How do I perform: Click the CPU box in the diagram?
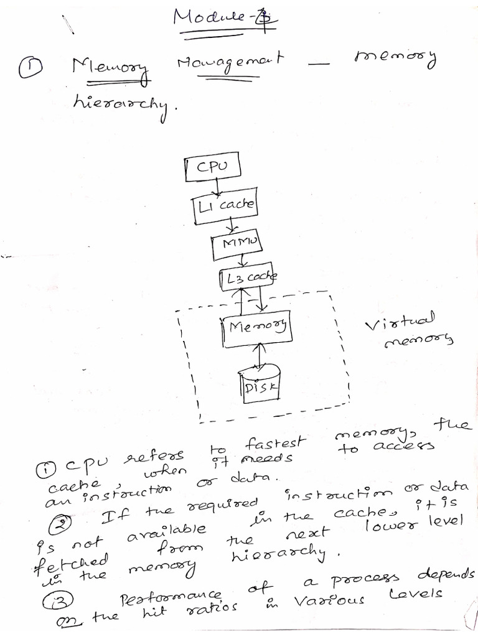212,168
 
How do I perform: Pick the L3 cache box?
247,278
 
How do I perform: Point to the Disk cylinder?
260,381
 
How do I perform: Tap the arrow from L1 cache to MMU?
231,223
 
